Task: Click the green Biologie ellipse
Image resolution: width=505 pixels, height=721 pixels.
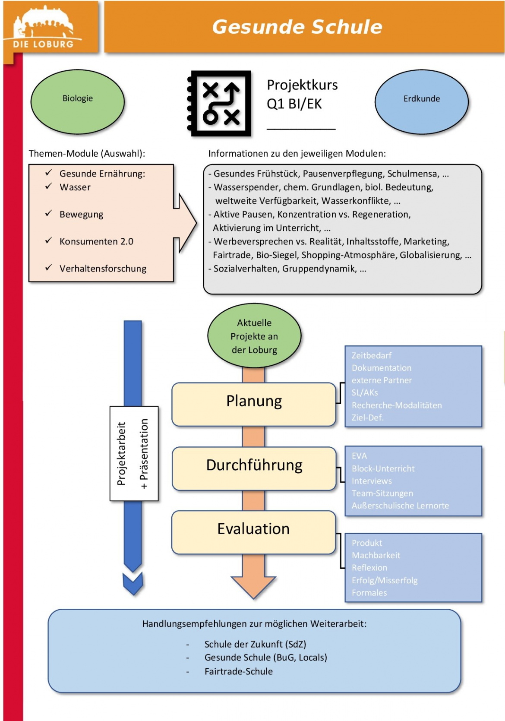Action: point(78,102)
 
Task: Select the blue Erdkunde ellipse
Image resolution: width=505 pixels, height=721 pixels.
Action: point(421,102)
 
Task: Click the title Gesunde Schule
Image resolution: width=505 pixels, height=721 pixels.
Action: point(297,27)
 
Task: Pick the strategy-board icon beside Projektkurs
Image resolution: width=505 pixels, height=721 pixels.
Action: point(220,104)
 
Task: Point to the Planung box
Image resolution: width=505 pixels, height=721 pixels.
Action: point(254,404)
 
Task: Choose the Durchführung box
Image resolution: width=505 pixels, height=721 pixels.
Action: point(254,468)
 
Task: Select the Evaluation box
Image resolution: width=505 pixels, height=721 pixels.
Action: point(253,532)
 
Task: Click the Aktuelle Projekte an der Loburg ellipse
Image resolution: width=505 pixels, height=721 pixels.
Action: point(254,336)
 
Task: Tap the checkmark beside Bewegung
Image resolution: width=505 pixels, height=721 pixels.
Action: point(48,213)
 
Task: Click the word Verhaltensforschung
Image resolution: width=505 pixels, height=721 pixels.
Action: point(103,269)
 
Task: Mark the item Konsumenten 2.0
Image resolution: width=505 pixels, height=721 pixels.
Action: point(96,241)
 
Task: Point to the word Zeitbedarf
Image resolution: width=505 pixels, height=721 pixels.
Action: point(372,356)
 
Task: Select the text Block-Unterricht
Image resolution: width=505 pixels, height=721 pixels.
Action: point(383,468)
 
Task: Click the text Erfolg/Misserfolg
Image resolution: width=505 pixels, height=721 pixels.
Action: point(385,580)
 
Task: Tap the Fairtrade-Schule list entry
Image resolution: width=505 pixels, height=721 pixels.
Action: point(238,671)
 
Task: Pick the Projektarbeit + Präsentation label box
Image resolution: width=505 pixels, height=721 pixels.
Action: point(134,453)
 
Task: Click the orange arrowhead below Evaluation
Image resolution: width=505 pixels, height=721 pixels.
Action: point(253,585)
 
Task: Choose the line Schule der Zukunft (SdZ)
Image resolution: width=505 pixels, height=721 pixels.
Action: point(255,644)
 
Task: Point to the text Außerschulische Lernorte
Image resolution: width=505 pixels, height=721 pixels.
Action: point(400,506)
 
